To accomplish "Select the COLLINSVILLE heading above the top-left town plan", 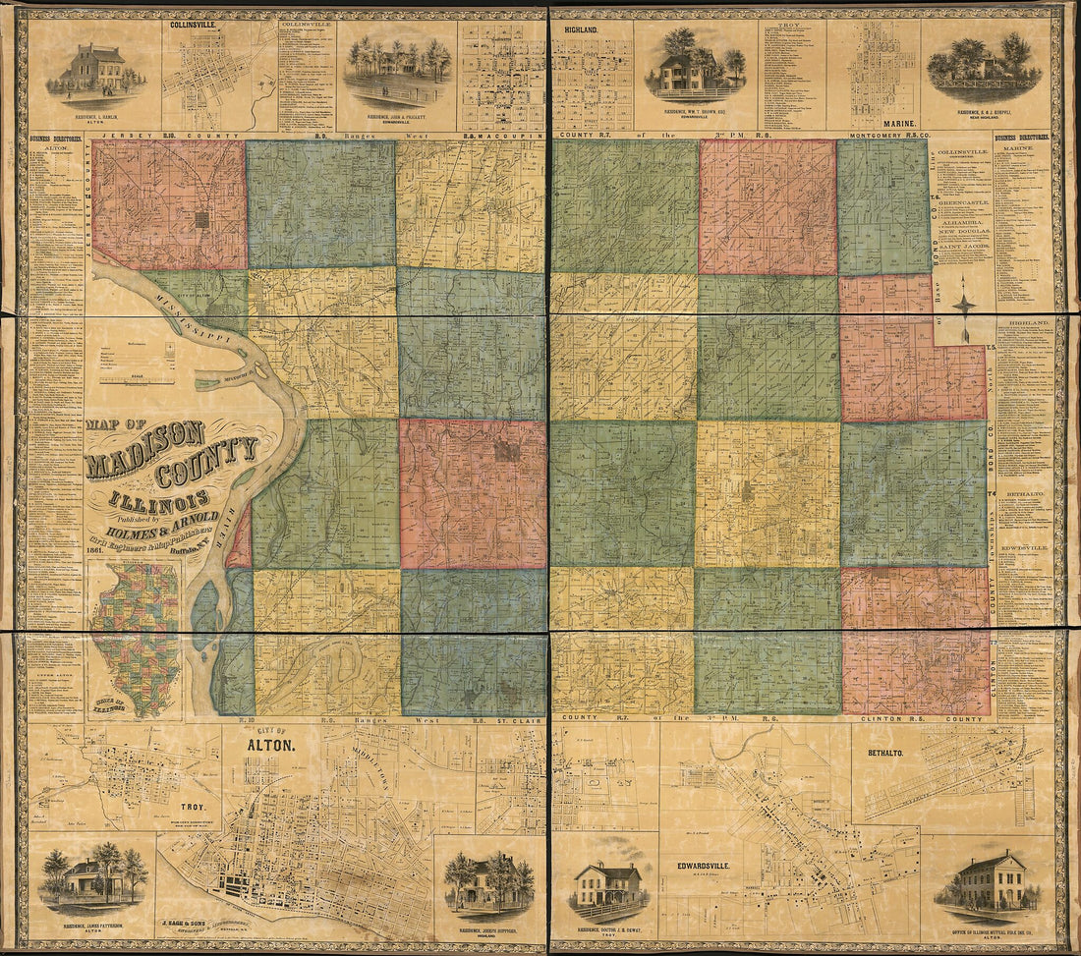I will click(195, 26).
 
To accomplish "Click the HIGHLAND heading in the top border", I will click(581, 29).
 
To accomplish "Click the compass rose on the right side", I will click(964, 304).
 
